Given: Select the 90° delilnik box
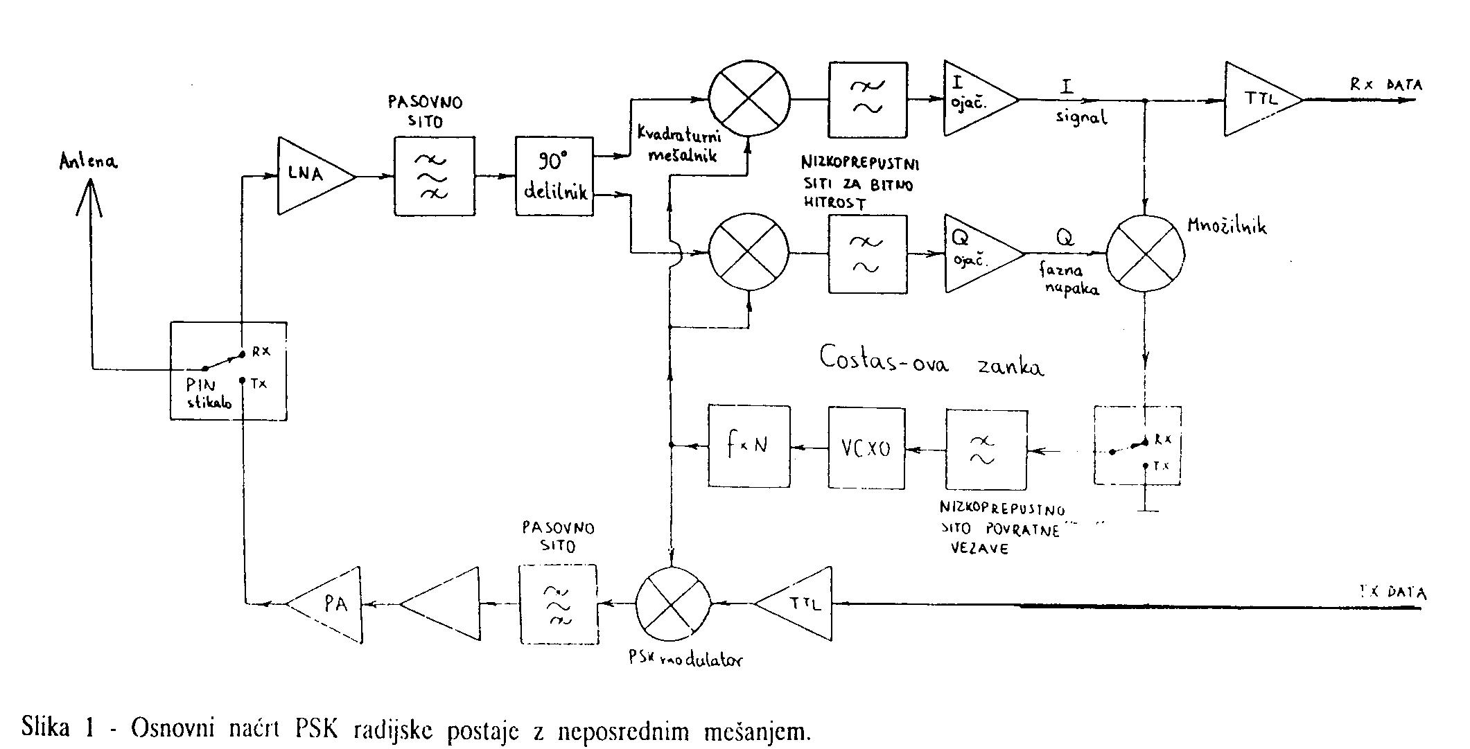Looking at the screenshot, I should click(x=555, y=177).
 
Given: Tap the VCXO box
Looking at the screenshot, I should click(x=866, y=448).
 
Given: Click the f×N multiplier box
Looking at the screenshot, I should click(x=749, y=446).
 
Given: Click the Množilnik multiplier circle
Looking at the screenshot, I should click(x=1145, y=254).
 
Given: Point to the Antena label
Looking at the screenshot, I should click(x=89, y=163).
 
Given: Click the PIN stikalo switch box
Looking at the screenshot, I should click(x=229, y=371).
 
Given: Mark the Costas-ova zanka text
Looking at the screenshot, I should click(x=931, y=360).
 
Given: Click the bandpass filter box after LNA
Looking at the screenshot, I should click(x=435, y=177).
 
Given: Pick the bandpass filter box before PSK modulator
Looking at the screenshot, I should click(x=557, y=604).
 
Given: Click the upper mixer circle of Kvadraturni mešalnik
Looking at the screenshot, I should click(x=749, y=98).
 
